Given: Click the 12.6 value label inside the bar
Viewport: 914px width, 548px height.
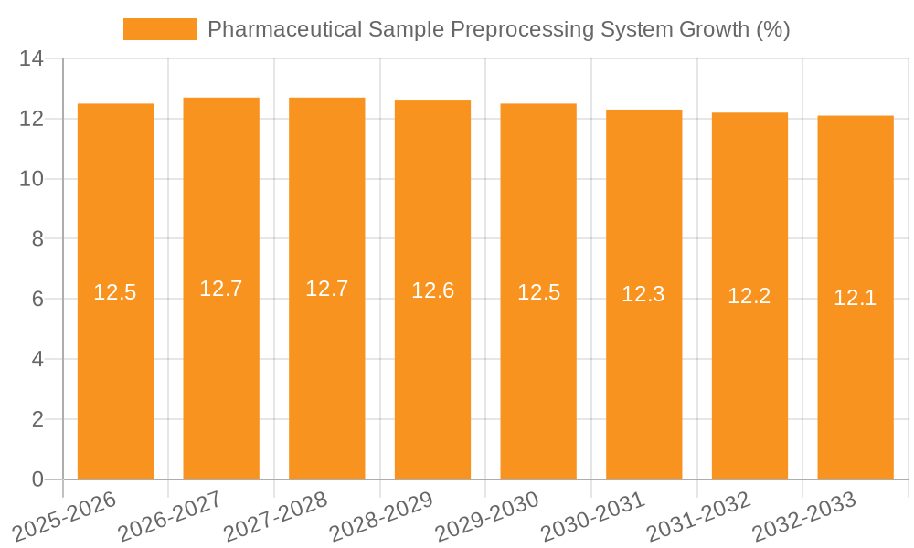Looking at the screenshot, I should pos(432,290).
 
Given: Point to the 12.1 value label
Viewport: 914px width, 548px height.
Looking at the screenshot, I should pos(856,298).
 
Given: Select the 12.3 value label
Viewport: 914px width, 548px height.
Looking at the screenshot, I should pos(643,294).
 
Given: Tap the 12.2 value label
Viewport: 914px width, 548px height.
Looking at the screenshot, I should pos(749,296).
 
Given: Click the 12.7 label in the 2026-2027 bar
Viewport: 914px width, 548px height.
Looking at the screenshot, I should pos(221,289).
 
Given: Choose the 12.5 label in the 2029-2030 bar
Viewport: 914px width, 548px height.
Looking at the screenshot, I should pos(538,292).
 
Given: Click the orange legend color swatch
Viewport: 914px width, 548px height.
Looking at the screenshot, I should pos(160,29).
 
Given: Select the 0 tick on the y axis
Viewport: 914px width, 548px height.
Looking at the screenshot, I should pos(37,479).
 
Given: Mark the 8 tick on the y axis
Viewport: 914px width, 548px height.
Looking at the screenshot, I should pos(37,239).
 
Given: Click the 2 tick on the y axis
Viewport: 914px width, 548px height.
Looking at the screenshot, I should pos(37,419).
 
